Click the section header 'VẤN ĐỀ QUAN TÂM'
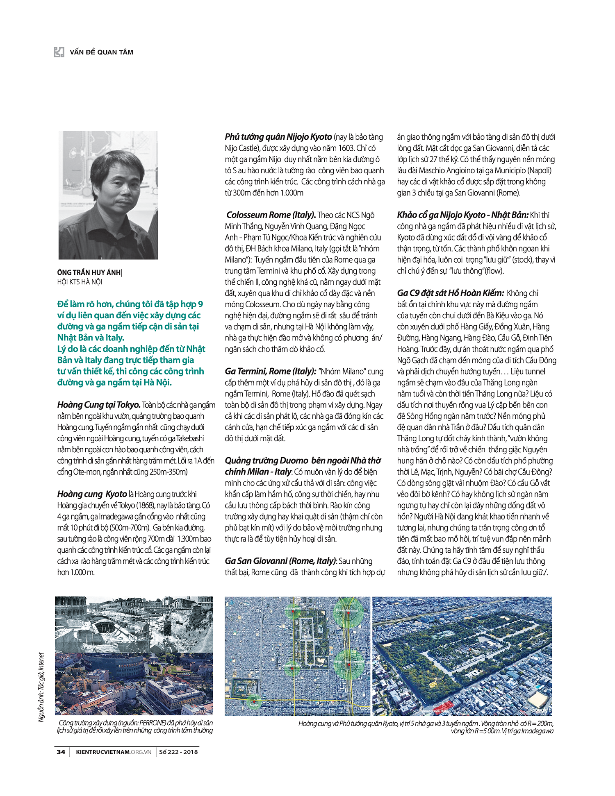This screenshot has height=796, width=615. point(101,52)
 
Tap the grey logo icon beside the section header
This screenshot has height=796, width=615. point(59,52)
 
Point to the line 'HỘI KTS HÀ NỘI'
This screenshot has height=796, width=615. point(80,282)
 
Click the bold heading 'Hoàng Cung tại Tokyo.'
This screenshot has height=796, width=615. point(99,405)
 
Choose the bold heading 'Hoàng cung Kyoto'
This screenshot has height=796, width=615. point(92,494)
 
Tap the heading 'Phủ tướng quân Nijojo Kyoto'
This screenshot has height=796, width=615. point(278,137)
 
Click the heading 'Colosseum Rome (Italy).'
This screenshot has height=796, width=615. point(271,215)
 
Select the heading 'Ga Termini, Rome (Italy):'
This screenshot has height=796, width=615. point(270,372)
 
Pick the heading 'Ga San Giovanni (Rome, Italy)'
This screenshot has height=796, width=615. point(280,561)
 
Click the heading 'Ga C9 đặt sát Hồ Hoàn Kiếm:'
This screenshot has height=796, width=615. point(450,293)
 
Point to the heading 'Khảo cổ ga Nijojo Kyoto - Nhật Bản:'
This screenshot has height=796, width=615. point(462,215)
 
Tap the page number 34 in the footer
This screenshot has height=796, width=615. point(61,752)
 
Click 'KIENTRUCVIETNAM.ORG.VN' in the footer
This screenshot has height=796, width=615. point(114,752)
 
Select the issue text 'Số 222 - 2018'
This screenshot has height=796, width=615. point(178,752)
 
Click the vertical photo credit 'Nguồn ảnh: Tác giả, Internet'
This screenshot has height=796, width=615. point(41,687)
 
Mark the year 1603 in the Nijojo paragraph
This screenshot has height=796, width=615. point(346,148)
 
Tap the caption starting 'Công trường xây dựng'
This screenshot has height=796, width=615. point(135,726)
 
